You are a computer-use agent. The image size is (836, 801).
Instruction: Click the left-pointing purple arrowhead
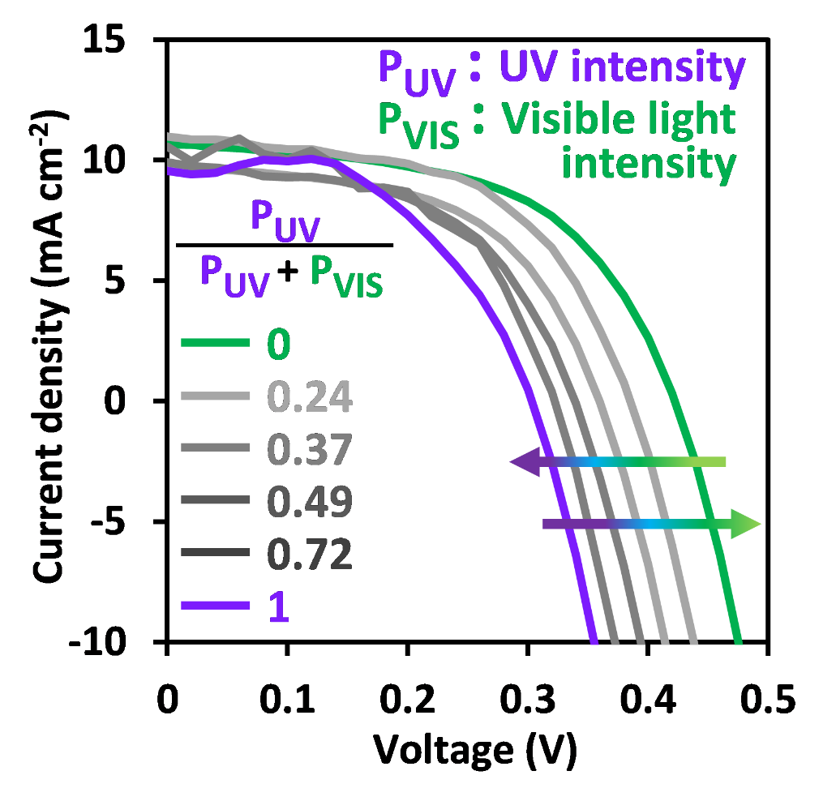[x=524, y=462]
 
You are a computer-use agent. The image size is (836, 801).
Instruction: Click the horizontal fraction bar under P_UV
[x=285, y=244]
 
